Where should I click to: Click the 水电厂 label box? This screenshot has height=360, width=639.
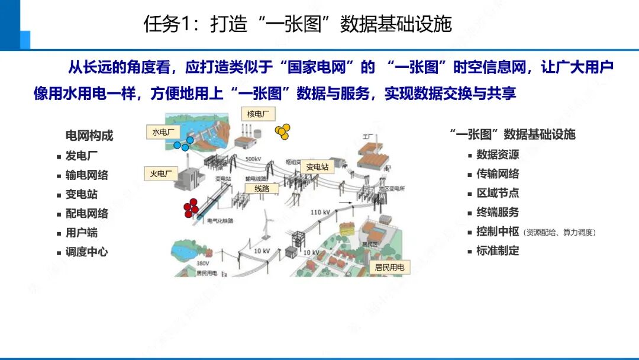coord(163,133)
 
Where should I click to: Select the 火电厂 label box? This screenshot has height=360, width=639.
coord(160,173)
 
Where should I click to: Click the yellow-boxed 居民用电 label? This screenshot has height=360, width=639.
coord(389,267)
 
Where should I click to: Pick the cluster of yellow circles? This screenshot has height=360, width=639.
coord(282,132)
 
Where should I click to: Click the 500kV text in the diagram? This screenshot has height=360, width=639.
coord(253,159)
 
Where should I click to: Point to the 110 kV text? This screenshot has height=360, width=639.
coord(320,212)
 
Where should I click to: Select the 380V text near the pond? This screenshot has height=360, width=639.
coord(203,263)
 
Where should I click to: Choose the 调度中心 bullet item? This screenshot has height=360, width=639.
coord(86,252)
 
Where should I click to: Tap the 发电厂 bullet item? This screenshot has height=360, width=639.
coord(82,156)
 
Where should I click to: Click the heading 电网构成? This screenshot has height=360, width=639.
coord(89,136)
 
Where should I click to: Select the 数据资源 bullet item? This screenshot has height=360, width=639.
coord(498,155)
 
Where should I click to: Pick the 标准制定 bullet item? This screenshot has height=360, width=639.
coord(498,250)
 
